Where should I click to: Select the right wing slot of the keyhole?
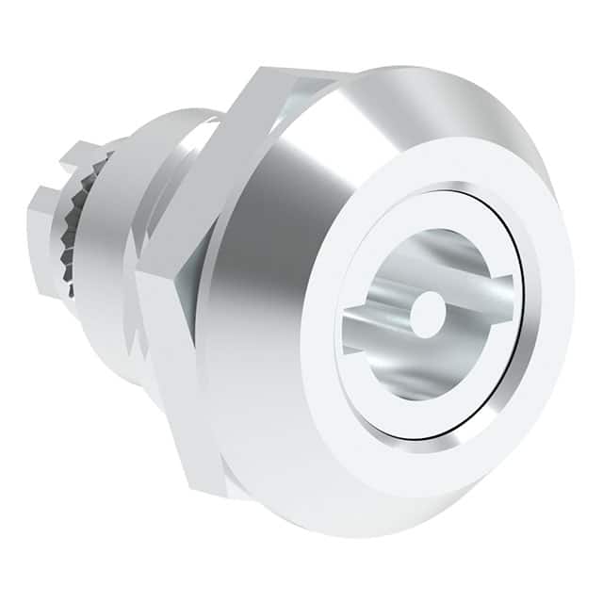point(492,289)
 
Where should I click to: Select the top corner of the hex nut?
point(283,72)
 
